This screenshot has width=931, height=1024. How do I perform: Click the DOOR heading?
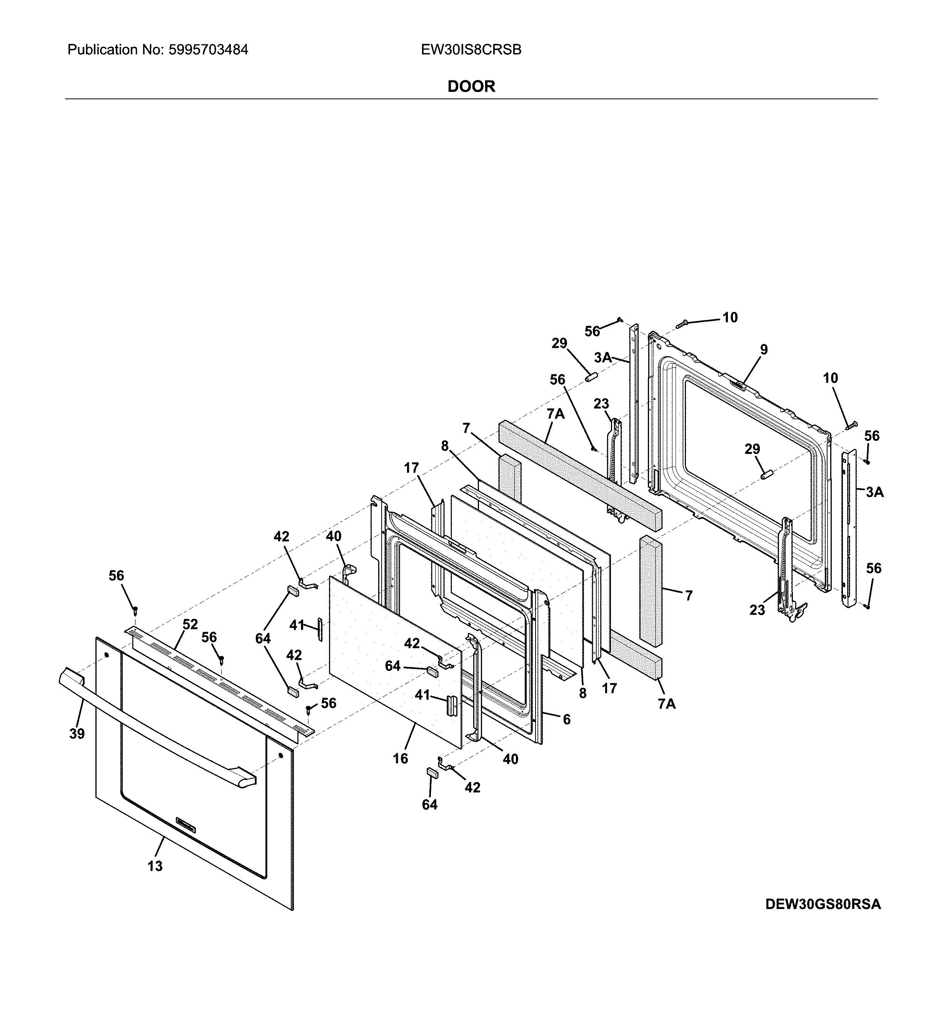coord(471,86)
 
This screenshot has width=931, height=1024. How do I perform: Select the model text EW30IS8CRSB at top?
coord(471,50)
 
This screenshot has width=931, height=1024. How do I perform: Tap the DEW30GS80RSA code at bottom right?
coord(823,905)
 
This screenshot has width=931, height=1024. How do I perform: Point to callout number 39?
coord(77,734)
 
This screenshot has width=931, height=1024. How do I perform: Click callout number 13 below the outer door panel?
coord(155,866)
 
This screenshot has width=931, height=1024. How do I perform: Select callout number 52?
coord(190,625)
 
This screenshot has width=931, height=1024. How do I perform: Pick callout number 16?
coord(400,759)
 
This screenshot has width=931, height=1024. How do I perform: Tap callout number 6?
coord(566,719)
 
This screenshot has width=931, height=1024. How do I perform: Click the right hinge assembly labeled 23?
coord(786,569)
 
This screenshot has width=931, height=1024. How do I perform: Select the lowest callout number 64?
coord(430,805)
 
